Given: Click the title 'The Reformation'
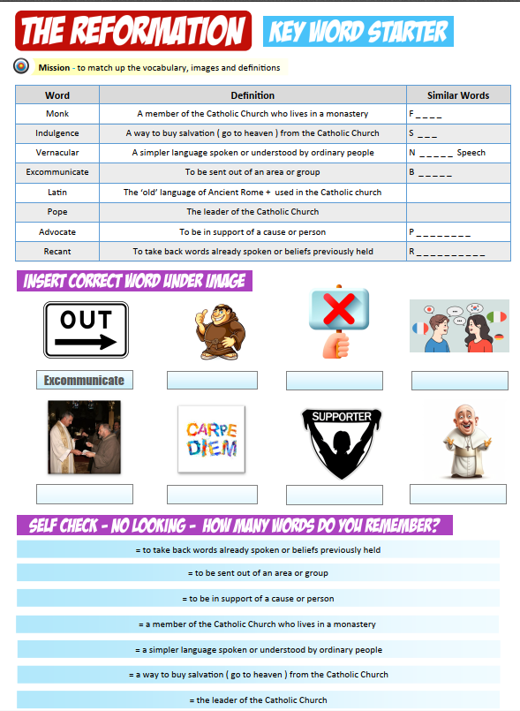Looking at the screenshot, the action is coord(132,31).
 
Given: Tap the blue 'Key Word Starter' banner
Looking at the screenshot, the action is coord(358,32).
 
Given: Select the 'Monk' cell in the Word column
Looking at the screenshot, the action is coord(57,114).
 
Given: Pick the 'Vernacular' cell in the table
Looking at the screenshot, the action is coord(57,153).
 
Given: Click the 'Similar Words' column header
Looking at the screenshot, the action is coord(457,95).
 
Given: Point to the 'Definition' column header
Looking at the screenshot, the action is coord(252,95).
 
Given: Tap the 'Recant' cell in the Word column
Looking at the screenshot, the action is coord(57,252).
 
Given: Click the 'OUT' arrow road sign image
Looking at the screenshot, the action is coord(86,329).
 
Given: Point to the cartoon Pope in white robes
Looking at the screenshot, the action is coord(458,440).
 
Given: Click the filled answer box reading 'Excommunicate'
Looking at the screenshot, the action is coord(85,381).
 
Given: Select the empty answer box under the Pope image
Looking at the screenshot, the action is coord(458,494).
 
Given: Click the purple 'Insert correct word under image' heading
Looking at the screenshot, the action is coord(133,282).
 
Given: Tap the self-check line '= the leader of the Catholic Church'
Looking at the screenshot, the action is coord(258,700).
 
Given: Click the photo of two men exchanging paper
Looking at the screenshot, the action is coord(85,438).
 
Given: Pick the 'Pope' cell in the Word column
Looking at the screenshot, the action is coord(57,212).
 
